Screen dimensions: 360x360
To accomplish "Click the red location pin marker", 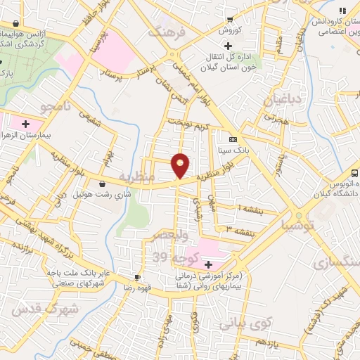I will tap(181, 165).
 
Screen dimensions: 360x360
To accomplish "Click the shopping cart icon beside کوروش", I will tap(230, 20).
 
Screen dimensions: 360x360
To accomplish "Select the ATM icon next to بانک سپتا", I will tap(233, 138).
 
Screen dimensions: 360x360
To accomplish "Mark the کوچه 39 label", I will tap(169, 257).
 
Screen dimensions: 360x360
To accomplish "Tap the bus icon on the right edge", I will tap(355, 172).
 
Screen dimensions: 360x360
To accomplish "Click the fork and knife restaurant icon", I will tap(342, 11).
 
